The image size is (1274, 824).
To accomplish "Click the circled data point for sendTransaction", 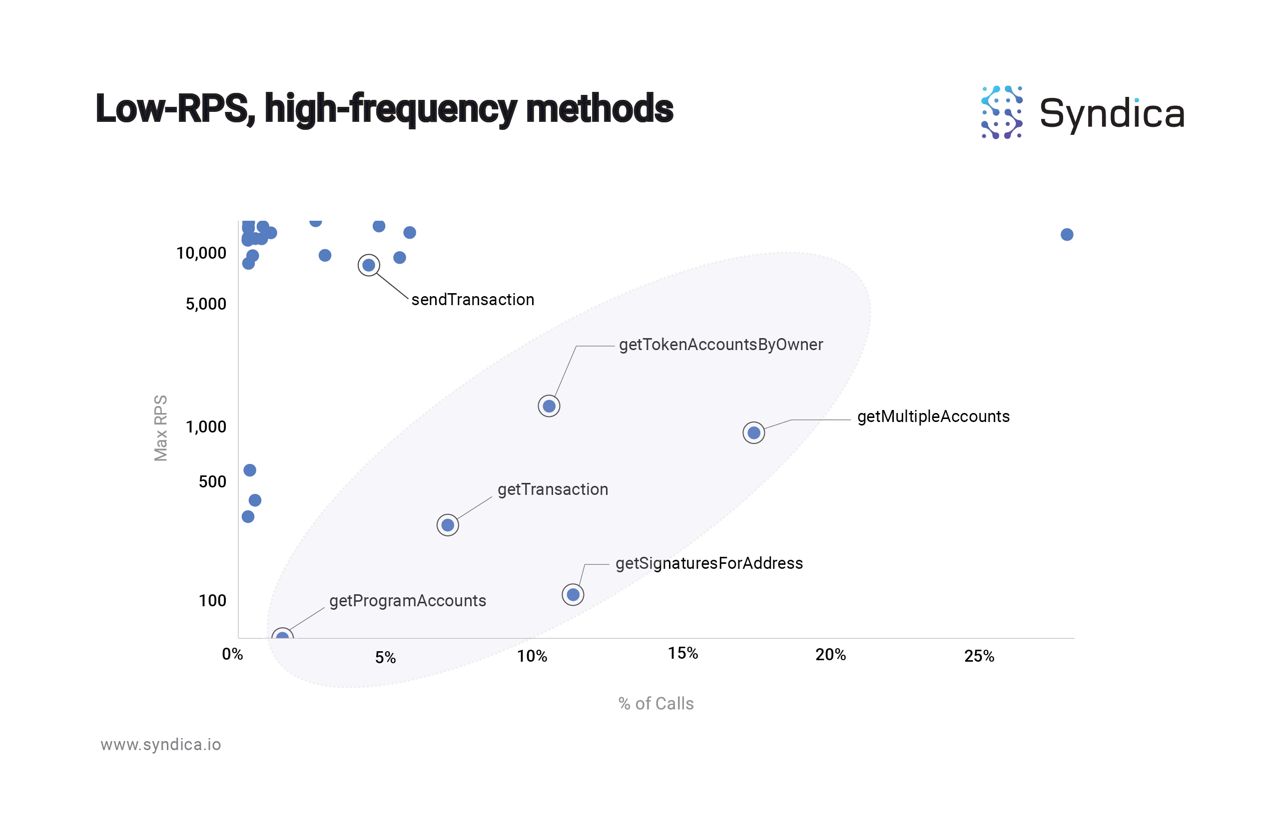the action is click(369, 265).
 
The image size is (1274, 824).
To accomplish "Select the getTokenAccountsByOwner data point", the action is click(549, 406).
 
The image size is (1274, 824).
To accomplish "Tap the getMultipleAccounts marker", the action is click(754, 432).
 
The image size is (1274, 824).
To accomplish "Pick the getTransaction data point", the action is click(448, 525).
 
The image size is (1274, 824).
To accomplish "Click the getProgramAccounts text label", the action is click(407, 601).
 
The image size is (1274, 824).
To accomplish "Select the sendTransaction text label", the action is click(473, 300).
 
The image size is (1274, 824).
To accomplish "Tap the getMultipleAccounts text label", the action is click(933, 416).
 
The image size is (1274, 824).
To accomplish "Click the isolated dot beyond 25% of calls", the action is click(1067, 234).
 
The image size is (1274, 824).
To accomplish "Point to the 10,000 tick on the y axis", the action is click(201, 253).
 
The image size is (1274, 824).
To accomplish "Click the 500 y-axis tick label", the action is click(212, 481).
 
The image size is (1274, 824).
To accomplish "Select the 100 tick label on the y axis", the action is click(212, 600).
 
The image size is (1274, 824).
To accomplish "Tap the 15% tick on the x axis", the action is click(683, 653).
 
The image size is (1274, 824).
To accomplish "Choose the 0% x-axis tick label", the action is click(232, 654).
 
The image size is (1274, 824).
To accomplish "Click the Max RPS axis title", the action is click(160, 428).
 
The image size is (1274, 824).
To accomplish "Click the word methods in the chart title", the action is click(600, 109).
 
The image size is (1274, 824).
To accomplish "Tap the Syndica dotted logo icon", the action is click(1002, 112).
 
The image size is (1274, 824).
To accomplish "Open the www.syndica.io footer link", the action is click(160, 745).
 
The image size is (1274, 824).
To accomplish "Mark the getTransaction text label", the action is click(553, 489).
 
